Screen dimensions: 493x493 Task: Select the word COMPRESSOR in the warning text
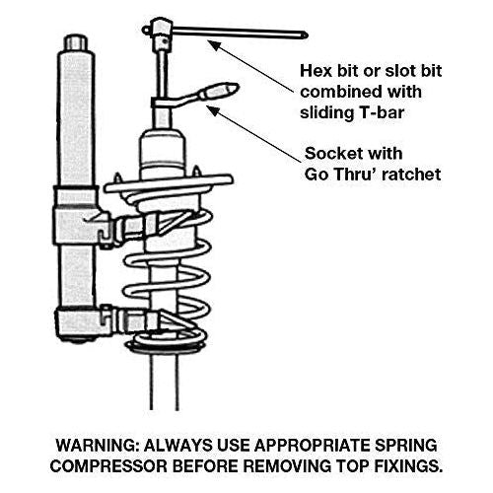(109, 466)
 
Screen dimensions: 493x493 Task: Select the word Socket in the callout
(331, 154)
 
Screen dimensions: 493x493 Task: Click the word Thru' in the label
(355, 175)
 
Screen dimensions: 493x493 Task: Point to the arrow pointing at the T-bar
(251, 67)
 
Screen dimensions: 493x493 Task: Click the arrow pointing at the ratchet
(254, 134)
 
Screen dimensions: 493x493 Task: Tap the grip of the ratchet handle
(219, 91)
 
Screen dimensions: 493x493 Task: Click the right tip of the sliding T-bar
(307, 35)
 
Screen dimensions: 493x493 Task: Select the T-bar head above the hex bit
(161, 30)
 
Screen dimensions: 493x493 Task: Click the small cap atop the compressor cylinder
(76, 42)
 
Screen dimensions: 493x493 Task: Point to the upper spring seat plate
(169, 184)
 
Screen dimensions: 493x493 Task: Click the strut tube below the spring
(165, 382)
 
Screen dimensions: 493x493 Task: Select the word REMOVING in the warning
(288, 466)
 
